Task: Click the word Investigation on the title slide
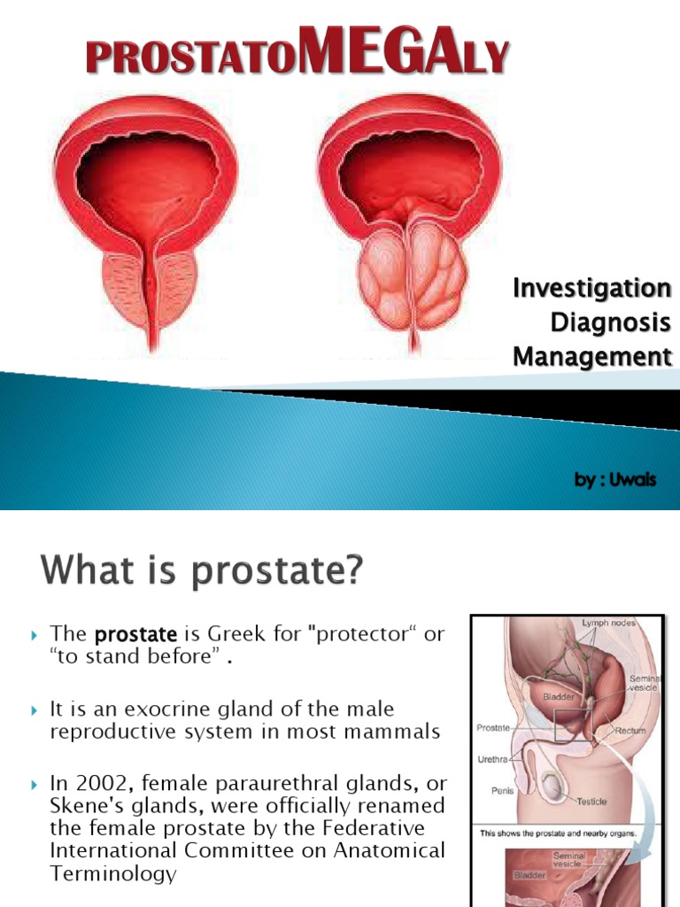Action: (x=592, y=289)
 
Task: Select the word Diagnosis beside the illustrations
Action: (x=610, y=322)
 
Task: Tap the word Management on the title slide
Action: (x=592, y=357)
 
